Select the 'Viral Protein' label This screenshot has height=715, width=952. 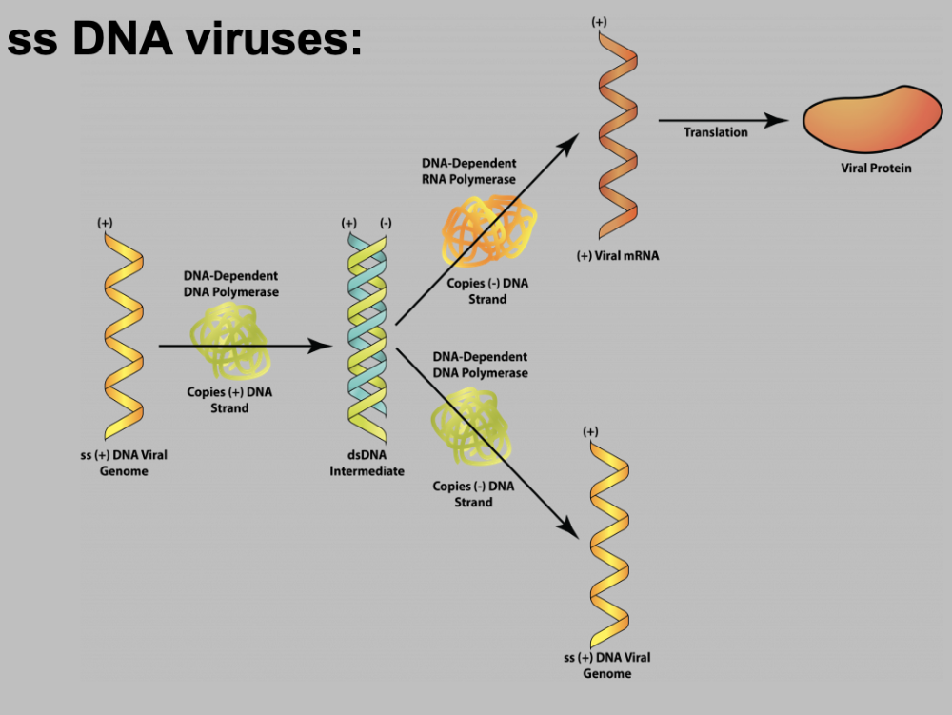point(876,169)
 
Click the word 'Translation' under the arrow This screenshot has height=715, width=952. point(716,132)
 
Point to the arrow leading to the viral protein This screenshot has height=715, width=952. point(724,120)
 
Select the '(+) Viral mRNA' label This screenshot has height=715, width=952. point(618,256)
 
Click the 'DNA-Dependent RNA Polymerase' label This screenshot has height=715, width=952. point(468,171)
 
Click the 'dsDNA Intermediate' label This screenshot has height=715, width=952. point(367,464)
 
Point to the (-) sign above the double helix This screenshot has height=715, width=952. point(386,223)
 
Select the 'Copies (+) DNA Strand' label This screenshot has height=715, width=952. point(229,401)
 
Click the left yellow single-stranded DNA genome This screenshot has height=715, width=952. point(122,333)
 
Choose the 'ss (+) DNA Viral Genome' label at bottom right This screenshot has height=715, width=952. point(607,665)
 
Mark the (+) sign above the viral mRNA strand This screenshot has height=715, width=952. point(599,21)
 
